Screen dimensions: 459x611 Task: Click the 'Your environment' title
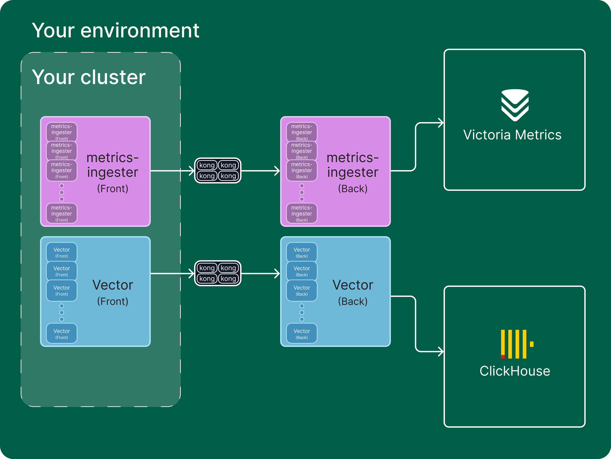(115, 30)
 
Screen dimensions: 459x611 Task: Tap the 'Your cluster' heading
(89, 77)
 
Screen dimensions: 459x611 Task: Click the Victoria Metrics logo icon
(515, 105)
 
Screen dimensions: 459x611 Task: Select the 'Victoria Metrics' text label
(512, 135)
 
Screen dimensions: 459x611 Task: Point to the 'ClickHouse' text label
(515, 371)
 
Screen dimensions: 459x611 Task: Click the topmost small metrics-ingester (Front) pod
(62, 132)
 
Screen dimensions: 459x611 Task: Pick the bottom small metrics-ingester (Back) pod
(302, 213)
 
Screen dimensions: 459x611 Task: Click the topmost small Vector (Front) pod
(62, 252)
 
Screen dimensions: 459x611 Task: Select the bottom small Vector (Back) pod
(302, 333)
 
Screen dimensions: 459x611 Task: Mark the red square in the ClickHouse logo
(503, 356)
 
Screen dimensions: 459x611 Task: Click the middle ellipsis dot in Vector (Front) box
(62, 312)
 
